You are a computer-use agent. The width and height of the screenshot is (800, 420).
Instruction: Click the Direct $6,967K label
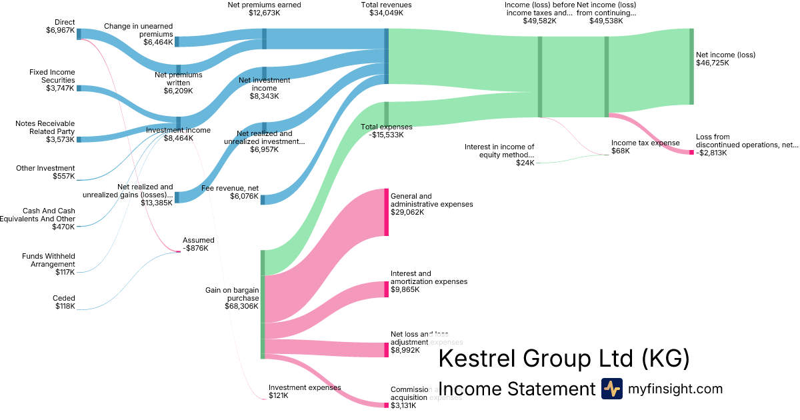click(x=60, y=26)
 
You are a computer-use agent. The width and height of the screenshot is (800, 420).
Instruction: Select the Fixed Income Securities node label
click(x=52, y=80)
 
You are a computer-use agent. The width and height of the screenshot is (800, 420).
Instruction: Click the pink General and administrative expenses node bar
click(x=386, y=212)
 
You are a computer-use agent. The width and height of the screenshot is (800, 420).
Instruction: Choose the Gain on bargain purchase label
click(x=231, y=298)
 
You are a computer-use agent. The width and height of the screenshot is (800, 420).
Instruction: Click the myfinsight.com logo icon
click(x=611, y=389)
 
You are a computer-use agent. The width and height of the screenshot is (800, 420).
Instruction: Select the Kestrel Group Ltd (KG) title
click(x=564, y=359)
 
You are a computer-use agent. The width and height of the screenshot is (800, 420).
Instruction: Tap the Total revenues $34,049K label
click(x=385, y=9)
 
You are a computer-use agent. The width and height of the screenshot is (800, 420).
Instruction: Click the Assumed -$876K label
click(x=198, y=244)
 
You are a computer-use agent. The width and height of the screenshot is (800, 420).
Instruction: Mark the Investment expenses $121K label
click(x=305, y=391)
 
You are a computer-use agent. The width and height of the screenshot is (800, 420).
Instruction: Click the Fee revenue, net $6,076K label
click(x=230, y=192)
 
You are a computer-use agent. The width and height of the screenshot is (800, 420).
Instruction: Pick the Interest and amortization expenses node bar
click(x=386, y=289)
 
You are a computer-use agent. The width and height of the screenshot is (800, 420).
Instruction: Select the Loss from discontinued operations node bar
click(x=691, y=152)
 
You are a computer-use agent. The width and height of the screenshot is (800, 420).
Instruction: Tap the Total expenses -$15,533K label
click(x=387, y=131)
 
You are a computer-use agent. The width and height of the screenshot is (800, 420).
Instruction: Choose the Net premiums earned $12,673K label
click(x=264, y=9)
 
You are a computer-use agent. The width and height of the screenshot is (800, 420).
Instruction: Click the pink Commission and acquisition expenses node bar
click(x=386, y=405)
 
